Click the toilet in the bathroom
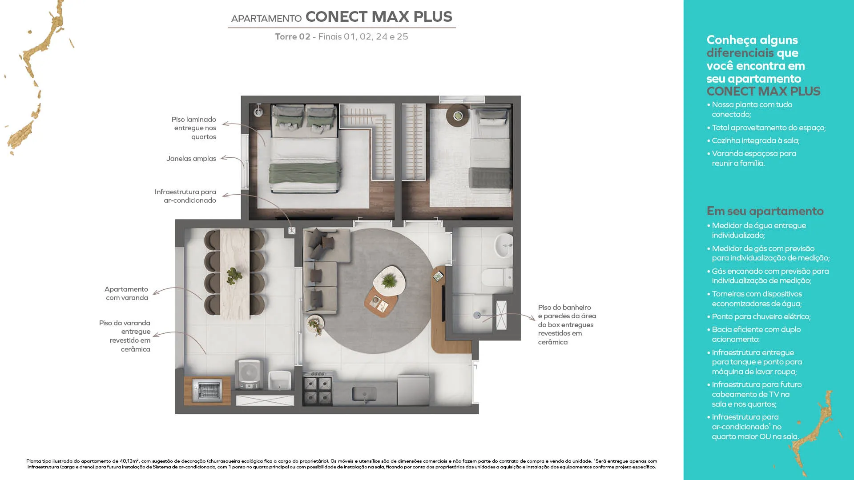coord(497,278)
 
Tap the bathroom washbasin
coord(504,245)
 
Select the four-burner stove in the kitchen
coord(318,389)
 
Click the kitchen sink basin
coord(364,394)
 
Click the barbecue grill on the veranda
coord(207,391)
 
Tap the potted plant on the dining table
coord(234,276)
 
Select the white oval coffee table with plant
coord(389,280)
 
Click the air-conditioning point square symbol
coord(292,231)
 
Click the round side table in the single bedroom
coord(458,116)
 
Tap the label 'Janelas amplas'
coord(191,159)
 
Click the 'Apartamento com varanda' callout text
coord(126,293)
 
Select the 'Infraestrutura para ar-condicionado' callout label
coord(185,196)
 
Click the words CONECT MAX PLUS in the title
coord(379,16)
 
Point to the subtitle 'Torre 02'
coord(293,36)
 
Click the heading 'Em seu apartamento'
coord(765,211)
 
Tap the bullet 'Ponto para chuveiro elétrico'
coord(759,316)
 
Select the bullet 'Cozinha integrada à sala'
coord(753,140)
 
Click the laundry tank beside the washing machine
coord(280,380)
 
